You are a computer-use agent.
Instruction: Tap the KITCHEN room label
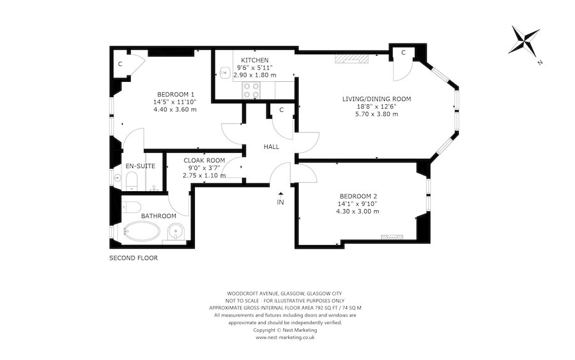[x=245, y=59]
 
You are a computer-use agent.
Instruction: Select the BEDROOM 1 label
[x=175, y=94]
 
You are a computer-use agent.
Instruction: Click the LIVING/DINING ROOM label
[x=376, y=98]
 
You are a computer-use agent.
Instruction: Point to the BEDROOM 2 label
[x=358, y=196]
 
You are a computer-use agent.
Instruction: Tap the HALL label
[x=272, y=147]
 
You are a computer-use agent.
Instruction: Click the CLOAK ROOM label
[x=204, y=160]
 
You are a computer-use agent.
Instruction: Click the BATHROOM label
[x=158, y=216]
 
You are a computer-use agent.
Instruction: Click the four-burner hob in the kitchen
[x=250, y=90]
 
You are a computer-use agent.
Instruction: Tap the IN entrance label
[x=280, y=202]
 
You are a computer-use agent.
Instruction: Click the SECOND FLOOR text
[x=133, y=258]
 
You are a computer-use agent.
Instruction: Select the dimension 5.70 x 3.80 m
[x=376, y=114]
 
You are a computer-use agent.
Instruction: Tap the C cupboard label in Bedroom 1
[x=119, y=65]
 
